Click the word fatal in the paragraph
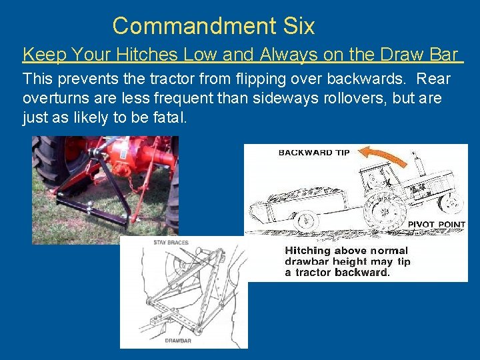pyautogui.click(x=168, y=119)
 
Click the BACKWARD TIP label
pyautogui.click(x=313, y=152)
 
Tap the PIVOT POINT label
pyautogui.click(x=436, y=225)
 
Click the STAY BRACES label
pyautogui.click(x=171, y=243)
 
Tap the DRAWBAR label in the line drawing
pyautogui.click(x=178, y=340)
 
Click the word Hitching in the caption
pyautogui.click(x=309, y=251)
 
